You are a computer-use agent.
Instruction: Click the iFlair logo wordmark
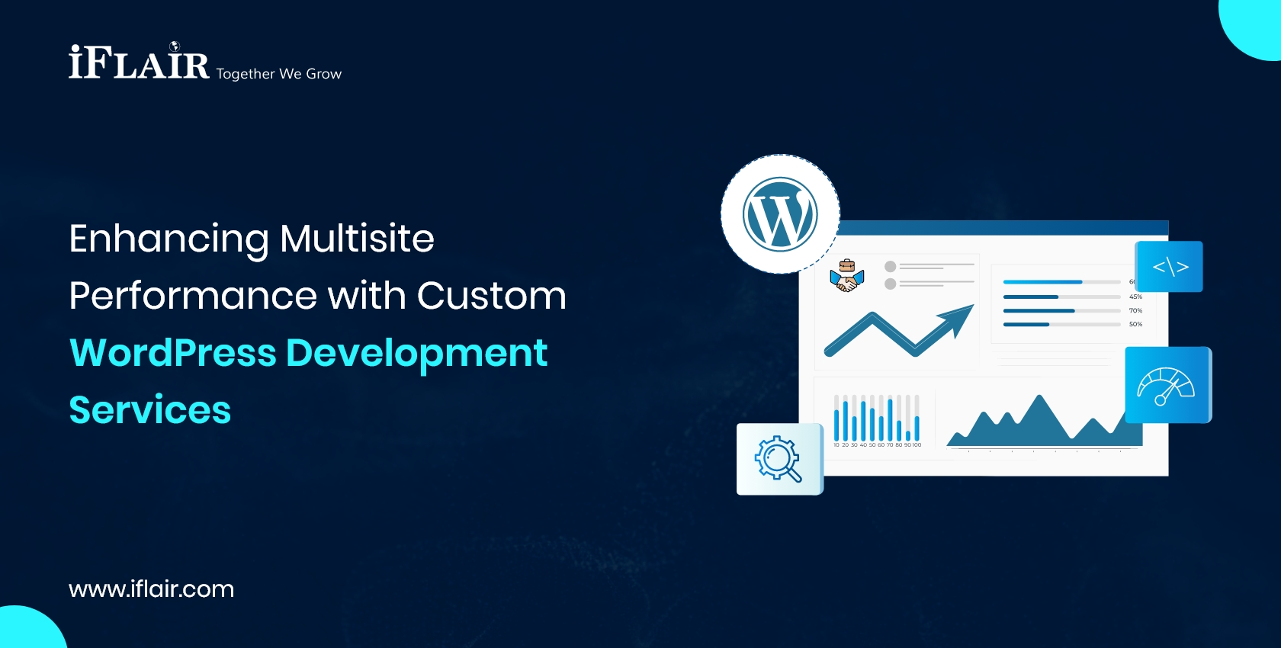click(x=139, y=63)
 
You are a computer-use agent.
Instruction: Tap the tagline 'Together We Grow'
click(x=279, y=74)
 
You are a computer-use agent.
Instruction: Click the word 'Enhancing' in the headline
click(x=168, y=239)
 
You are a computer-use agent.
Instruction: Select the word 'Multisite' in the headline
click(x=357, y=239)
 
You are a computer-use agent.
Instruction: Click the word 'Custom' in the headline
click(x=492, y=296)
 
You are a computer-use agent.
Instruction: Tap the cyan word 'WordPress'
click(x=172, y=353)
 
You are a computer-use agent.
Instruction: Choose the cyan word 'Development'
click(x=416, y=353)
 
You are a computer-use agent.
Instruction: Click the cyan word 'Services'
click(x=149, y=410)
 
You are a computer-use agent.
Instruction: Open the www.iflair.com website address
click(x=151, y=589)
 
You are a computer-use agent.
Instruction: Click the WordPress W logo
click(x=780, y=214)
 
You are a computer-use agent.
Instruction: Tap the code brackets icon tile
click(x=1170, y=267)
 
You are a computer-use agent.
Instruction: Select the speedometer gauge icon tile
click(x=1166, y=385)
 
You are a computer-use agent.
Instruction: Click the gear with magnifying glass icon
click(x=779, y=459)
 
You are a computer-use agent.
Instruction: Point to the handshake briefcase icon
click(x=846, y=276)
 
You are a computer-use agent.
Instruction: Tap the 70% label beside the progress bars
click(x=1135, y=311)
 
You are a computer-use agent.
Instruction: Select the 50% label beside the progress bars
click(x=1135, y=325)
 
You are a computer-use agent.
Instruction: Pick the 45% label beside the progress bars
click(x=1135, y=297)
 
